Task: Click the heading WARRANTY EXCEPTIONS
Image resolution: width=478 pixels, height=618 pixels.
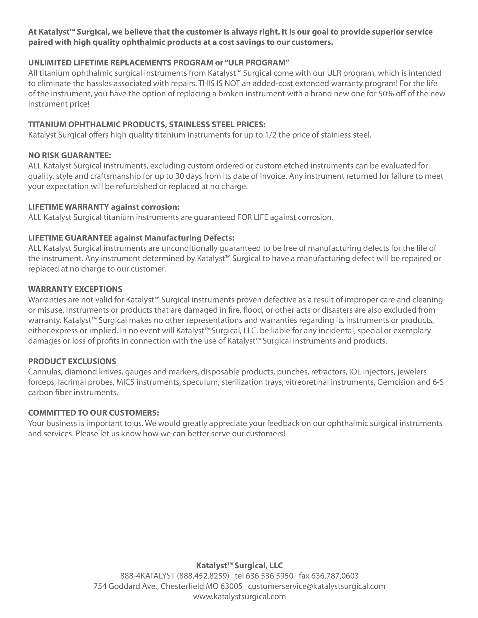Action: [x=75, y=289]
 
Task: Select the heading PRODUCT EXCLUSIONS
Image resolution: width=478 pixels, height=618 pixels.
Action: [x=72, y=361]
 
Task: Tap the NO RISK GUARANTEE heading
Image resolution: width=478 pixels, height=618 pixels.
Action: [x=69, y=155]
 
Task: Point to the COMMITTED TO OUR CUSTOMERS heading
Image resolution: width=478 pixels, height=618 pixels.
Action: [x=93, y=413]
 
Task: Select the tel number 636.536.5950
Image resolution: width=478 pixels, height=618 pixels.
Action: [x=269, y=576]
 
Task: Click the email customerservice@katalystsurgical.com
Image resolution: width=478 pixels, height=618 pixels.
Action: [x=317, y=586]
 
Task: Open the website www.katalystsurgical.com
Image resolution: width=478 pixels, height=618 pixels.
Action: [x=239, y=596]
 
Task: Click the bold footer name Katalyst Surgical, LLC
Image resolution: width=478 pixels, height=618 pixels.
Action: [x=239, y=565]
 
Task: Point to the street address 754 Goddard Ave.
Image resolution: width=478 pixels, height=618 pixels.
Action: [x=126, y=586]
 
